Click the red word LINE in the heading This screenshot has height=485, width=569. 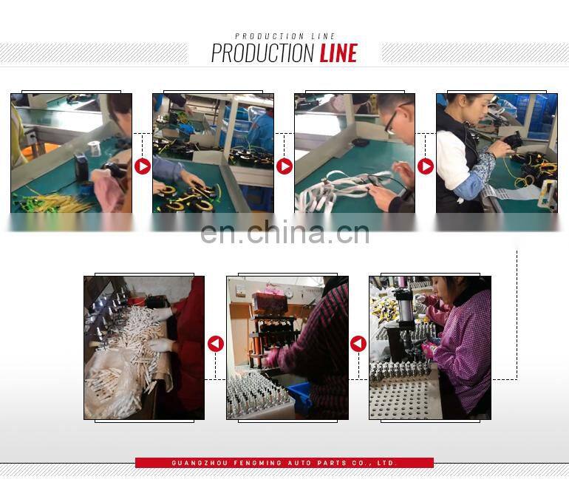coord(338,53)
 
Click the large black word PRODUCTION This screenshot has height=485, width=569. coord(263,53)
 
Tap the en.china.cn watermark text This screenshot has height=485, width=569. coord(284,232)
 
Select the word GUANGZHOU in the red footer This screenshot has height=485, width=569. coord(200,463)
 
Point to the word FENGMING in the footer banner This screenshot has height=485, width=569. coord(258,463)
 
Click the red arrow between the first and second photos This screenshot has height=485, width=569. coord(143,166)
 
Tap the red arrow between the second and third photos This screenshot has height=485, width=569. coord(284,166)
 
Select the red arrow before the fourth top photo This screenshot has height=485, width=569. coord(426,166)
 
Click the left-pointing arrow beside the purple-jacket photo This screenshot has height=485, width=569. coord(358,344)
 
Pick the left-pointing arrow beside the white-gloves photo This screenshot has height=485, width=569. coord(216,344)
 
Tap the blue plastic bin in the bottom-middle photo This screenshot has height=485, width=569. coord(300,397)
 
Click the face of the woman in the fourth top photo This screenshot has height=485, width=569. coord(475,108)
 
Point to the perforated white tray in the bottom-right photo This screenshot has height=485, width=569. coord(403,399)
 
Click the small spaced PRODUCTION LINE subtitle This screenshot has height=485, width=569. coord(284,36)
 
